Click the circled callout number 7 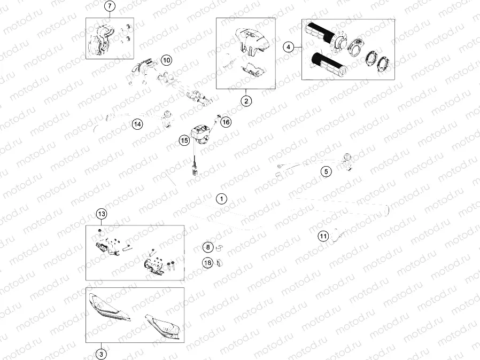click(110, 6)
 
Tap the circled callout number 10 click(167, 60)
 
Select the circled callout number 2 click(246, 101)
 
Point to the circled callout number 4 click(288, 47)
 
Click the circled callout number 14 click(137, 124)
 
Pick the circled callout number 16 click(226, 122)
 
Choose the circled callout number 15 click(184, 140)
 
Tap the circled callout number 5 click(326, 171)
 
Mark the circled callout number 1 click(221, 199)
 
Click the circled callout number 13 click(102, 214)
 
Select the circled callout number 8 click(208, 247)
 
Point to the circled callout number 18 click(207, 262)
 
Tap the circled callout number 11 click(323, 236)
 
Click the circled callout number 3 click(102, 355)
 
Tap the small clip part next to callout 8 click(220, 247)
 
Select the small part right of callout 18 click(220, 262)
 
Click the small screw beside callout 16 click(219, 116)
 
